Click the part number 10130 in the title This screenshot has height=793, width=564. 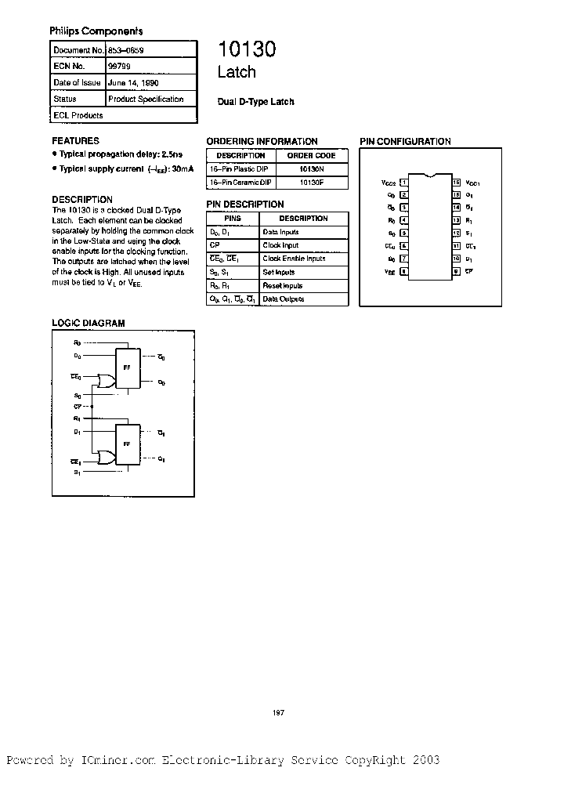tap(246, 50)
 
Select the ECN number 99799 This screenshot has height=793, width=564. tap(119, 66)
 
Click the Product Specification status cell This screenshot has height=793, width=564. tap(146, 100)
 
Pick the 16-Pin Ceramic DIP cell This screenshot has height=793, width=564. tap(240, 182)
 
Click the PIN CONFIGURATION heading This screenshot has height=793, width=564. tap(405, 142)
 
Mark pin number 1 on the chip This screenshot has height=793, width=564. tap(404, 183)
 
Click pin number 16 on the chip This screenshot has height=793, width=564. tap(456, 183)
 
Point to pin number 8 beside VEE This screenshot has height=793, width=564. tap(404, 271)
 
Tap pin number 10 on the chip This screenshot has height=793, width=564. tap(456, 259)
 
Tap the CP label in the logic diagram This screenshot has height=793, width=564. tap(78, 407)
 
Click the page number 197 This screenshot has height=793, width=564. tap(277, 712)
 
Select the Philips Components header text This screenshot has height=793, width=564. tap(96, 31)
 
